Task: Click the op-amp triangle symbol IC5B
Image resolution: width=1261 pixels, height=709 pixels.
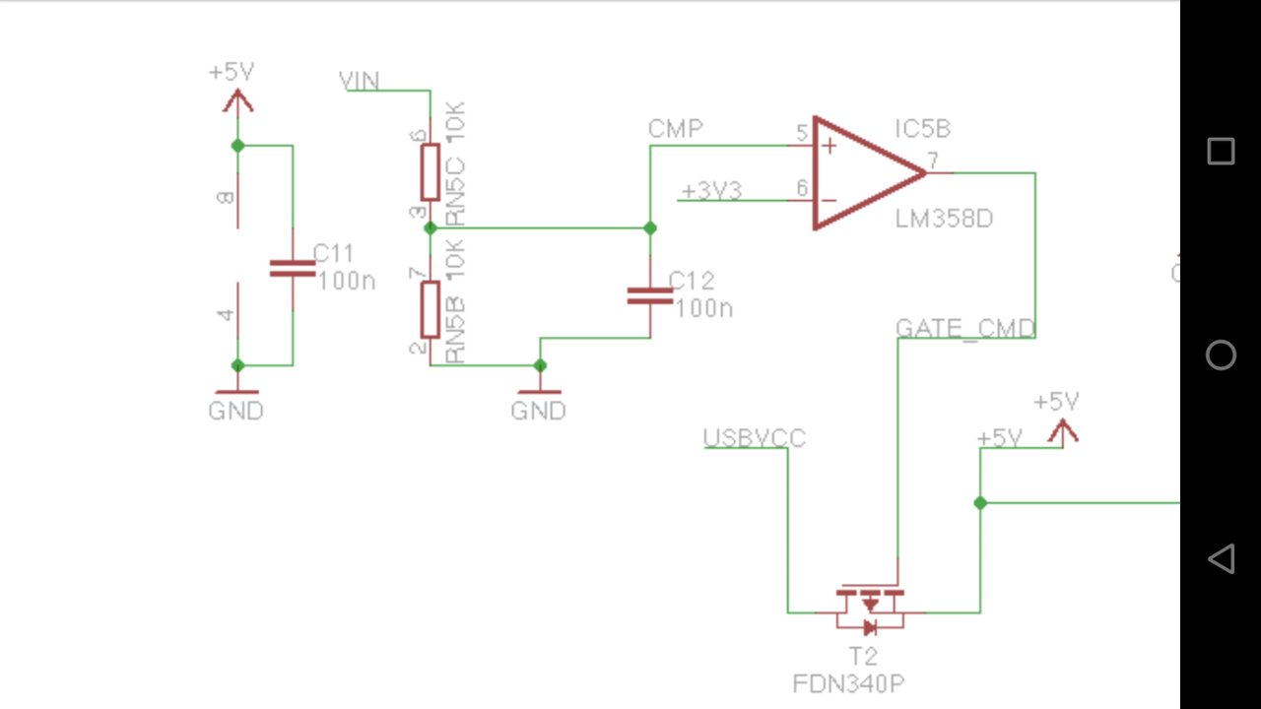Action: pos(862,173)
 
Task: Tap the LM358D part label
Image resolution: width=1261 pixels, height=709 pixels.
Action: pos(944,219)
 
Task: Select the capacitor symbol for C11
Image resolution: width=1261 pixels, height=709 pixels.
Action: pos(293,268)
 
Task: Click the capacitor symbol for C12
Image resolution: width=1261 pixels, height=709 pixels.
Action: pos(650,294)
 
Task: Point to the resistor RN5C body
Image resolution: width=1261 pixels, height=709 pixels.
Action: pos(431,172)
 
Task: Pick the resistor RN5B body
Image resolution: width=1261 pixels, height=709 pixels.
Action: pos(431,309)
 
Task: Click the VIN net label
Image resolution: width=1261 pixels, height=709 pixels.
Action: pos(359,81)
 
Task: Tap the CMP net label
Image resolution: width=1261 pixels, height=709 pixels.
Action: pos(676,129)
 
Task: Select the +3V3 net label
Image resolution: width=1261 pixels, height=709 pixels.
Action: pos(711,191)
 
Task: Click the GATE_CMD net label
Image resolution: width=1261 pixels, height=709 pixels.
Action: pos(965,329)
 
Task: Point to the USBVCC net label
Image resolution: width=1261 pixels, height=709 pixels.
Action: pos(755,438)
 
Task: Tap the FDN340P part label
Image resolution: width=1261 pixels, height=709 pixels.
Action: pos(848,683)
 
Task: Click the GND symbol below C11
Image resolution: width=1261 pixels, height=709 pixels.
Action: pos(236,394)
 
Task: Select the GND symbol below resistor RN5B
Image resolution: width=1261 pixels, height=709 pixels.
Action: pos(539,394)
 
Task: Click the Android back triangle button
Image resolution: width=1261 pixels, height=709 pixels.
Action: pos(1221,558)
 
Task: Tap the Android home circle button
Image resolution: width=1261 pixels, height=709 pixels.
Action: pos(1221,354)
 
